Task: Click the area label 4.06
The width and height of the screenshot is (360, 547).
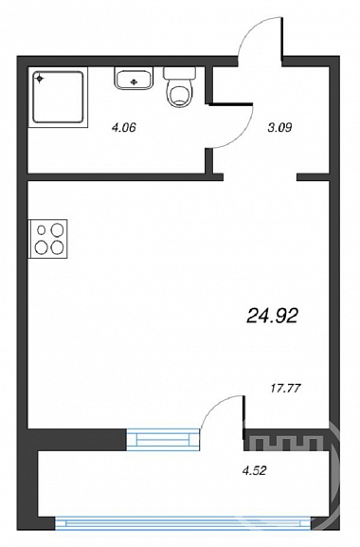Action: coord(123,128)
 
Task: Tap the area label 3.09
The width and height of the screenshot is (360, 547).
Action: coord(279,128)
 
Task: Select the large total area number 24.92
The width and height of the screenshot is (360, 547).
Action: coord(272,316)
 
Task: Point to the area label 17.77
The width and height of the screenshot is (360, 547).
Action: coord(286,388)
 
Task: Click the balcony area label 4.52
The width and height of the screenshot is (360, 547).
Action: coord(254,470)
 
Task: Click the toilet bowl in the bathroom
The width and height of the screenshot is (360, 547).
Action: coord(179,93)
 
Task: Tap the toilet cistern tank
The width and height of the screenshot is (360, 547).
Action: coord(179,73)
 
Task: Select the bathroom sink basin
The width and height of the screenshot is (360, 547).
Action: coord(134,78)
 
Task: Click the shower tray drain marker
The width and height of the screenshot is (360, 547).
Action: coord(40,79)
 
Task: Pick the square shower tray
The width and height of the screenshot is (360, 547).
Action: coord(58,97)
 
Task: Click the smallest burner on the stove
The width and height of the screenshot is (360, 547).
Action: coord(42,230)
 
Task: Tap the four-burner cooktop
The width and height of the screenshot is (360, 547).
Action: coord(47,239)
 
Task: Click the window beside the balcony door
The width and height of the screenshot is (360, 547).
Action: coord(163,439)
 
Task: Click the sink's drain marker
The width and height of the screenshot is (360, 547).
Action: coord(134,82)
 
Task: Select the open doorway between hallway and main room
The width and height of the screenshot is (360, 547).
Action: coord(260,177)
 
